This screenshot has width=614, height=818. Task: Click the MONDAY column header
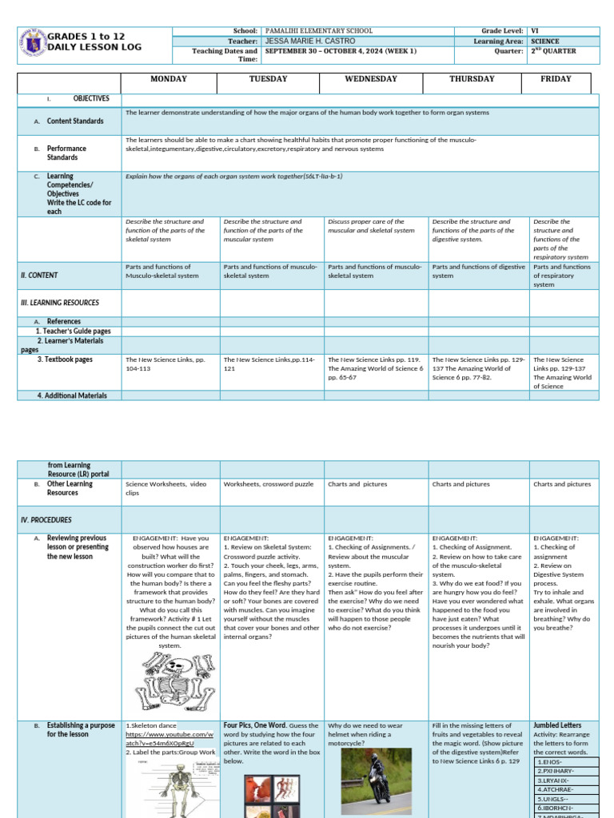pyautogui.click(x=169, y=79)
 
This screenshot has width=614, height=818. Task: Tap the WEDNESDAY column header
pyautogui.click(x=375, y=79)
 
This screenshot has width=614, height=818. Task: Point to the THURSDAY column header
pyautogui.click(x=471, y=79)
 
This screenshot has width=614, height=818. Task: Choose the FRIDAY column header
pyautogui.click(x=556, y=79)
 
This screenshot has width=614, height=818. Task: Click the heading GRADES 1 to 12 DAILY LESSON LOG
pyautogui.click(x=94, y=42)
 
